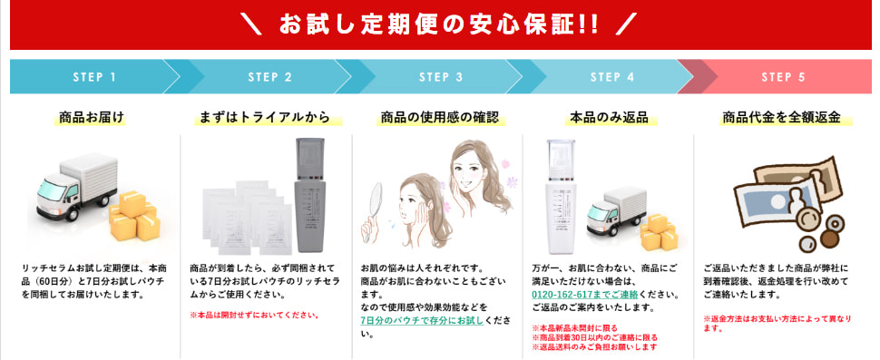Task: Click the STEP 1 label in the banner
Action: [94, 77]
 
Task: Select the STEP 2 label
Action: [270, 77]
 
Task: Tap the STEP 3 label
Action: [441, 77]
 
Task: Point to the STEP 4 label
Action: [612, 77]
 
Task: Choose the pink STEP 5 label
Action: [784, 77]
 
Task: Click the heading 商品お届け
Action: [92, 117]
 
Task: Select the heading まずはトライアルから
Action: [265, 118]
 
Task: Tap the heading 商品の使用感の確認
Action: [439, 118]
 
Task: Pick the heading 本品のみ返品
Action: [609, 118]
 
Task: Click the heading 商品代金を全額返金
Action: [781, 118]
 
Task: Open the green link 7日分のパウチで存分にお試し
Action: [422, 321]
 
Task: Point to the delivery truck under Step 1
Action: [77, 186]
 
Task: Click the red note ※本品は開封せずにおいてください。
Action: [255, 316]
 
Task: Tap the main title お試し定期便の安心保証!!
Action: [439, 24]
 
